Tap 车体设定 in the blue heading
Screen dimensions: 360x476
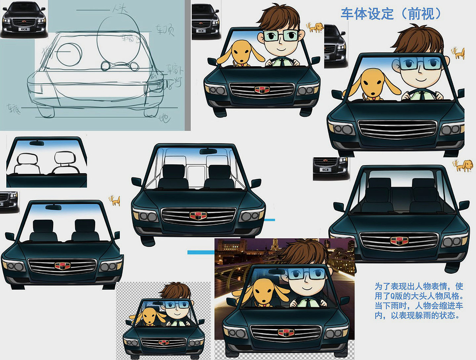(x=367, y=14)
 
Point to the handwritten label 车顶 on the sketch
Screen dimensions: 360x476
(x=165, y=30)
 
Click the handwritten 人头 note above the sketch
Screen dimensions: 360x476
(x=120, y=9)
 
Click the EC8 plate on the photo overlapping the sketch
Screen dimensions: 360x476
(x=24, y=29)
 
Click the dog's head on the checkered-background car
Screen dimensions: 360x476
(x=149, y=316)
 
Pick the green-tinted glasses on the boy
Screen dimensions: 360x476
(x=281, y=36)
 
